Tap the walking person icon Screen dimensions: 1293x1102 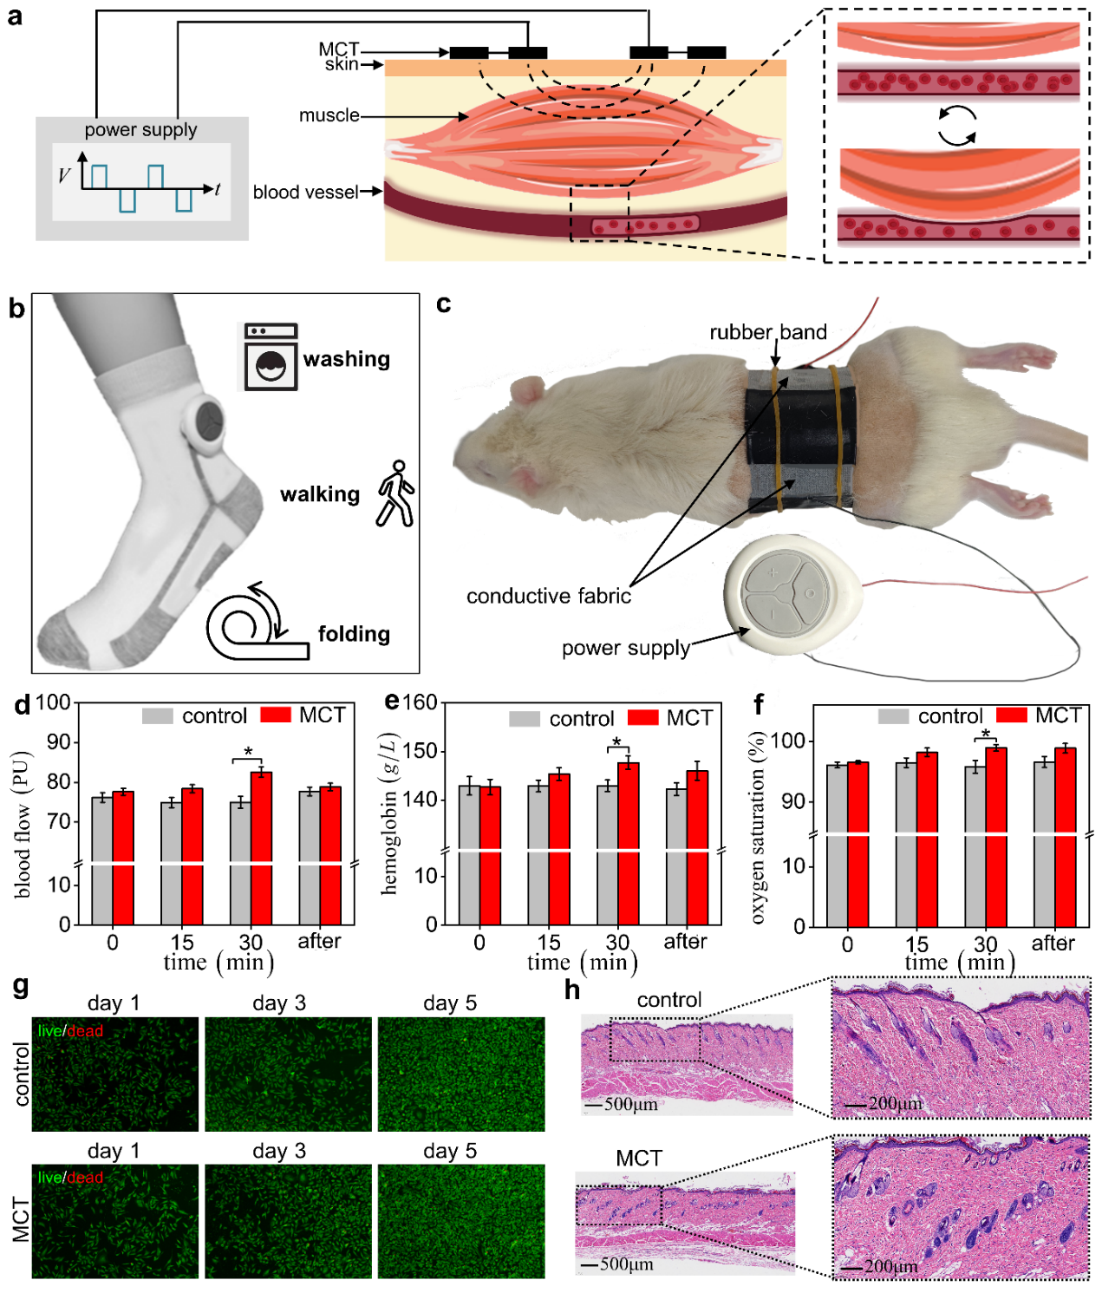point(395,493)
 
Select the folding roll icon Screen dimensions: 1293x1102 point(257,623)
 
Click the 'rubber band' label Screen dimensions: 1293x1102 point(767,332)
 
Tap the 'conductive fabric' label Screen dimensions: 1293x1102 point(548,596)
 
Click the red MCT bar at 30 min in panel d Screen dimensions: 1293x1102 point(261,846)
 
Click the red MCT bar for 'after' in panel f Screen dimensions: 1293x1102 point(1065,836)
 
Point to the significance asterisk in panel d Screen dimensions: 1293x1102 point(248,752)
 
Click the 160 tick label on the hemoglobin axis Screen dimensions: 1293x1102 point(420,702)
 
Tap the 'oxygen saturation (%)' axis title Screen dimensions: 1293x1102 point(759,827)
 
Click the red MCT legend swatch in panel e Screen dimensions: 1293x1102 point(642,718)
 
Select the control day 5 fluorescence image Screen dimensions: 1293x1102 point(460,1074)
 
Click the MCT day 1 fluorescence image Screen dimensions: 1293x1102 point(114,1221)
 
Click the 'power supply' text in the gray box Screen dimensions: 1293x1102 point(140,130)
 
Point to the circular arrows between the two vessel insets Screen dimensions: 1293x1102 point(957,126)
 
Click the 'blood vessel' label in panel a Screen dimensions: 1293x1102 point(305,192)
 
